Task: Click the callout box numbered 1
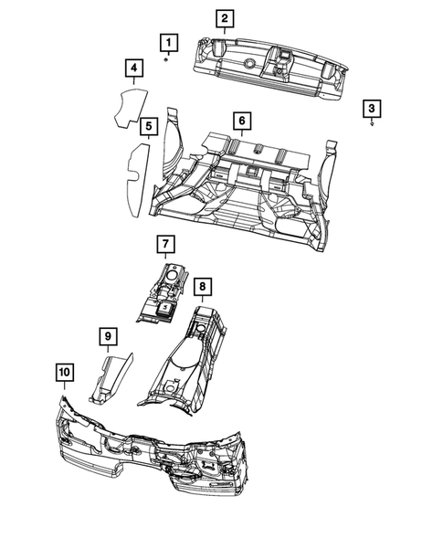click(x=167, y=41)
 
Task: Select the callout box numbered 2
click(x=224, y=18)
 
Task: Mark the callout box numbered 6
click(x=241, y=121)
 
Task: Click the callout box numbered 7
click(x=164, y=244)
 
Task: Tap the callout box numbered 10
click(x=63, y=373)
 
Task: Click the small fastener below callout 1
click(x=166, y=59)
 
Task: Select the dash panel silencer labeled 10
click(x=155, y=448)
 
